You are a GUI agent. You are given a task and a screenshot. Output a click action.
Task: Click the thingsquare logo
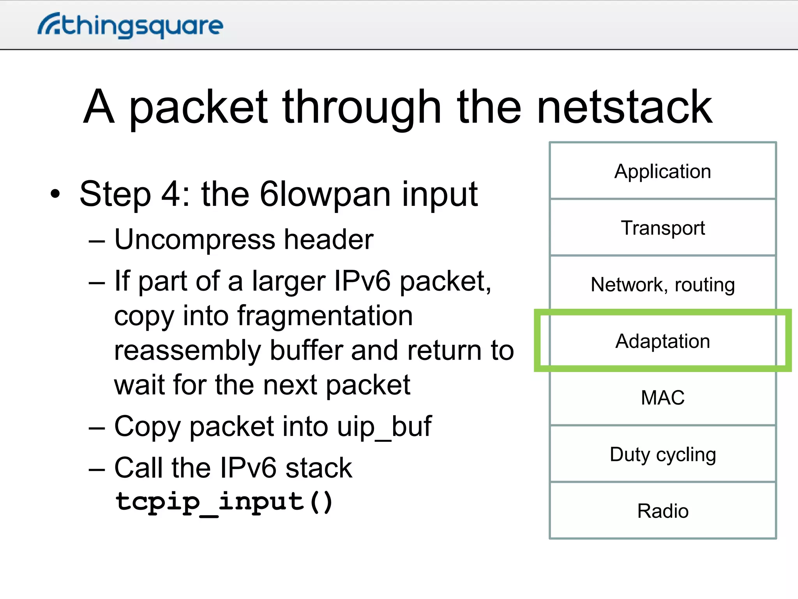(131, 25)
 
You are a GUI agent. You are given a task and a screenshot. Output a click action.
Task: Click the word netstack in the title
(624, 107)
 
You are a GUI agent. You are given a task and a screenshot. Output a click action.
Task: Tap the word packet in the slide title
(198, 107)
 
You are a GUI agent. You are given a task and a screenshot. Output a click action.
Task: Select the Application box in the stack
(662, 171)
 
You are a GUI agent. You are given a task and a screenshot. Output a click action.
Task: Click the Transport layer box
(662, 228)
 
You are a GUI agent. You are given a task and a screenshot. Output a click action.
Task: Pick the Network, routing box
(662, 284)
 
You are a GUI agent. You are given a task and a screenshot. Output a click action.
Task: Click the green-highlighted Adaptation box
(662, 341)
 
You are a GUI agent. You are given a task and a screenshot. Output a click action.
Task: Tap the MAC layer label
(662, 398)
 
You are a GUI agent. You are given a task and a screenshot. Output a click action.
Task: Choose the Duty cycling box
(662, 454)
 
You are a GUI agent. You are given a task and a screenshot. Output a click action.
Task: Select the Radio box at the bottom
(662, 511)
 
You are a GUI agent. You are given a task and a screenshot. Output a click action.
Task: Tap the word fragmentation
(325, 315)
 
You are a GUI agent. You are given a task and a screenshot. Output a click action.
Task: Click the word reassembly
(187, 350)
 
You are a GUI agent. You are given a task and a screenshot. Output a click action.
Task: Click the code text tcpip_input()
(224, 502)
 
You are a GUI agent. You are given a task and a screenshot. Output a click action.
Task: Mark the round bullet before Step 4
(55, 194)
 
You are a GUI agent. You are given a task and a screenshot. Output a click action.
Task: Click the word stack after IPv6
(318, 468)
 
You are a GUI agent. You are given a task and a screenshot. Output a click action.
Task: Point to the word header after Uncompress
(328, 239)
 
